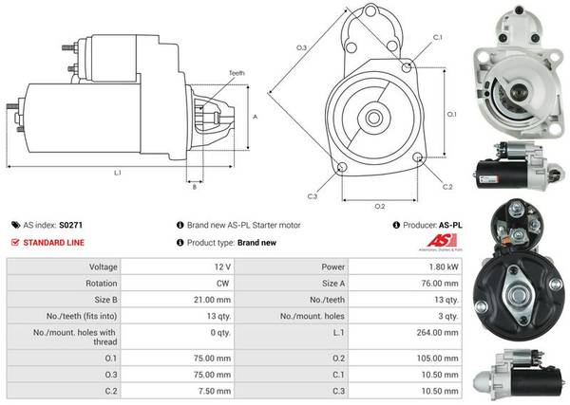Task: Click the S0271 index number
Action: pos(70,226)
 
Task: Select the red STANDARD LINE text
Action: pos(52,243)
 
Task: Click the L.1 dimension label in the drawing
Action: pos(117,173)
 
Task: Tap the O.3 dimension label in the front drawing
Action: pos(302,46)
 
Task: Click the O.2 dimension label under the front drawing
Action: pos(379,206)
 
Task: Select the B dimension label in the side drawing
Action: pos(195,187)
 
